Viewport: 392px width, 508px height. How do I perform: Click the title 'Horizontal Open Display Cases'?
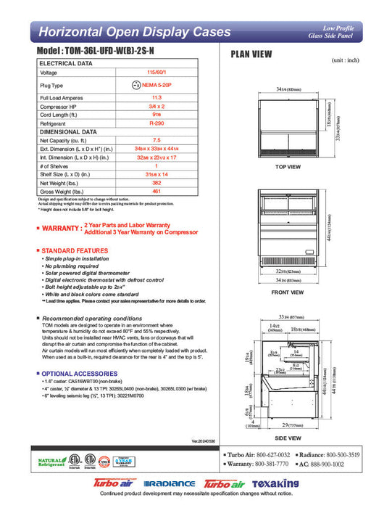point(134,32)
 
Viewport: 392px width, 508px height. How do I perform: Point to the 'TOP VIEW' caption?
point(288,167)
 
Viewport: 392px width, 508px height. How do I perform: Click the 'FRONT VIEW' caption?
point(288,292)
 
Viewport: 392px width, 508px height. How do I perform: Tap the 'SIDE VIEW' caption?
point(288,439)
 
